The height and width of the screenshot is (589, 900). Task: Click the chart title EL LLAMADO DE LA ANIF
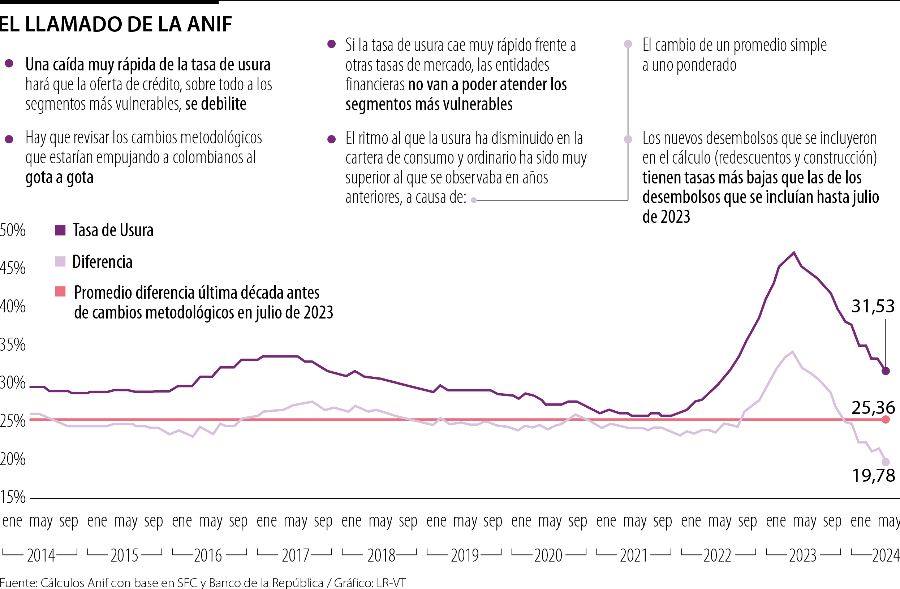click(x=115, y=24)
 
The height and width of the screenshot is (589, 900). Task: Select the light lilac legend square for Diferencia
click(x=60, y=261)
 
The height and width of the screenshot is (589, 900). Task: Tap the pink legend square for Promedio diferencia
click(x=60, y=291)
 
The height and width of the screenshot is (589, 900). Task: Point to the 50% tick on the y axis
click(x=13, y=230)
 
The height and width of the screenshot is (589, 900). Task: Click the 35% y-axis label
click(x=13, y=345)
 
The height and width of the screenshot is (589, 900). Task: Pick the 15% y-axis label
click(x=13, y=497)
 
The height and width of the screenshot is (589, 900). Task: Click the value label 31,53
click(x=873, y=306)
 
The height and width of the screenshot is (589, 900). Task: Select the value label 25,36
click(x=873, y=408)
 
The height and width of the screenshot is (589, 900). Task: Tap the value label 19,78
click(x=873, y=476)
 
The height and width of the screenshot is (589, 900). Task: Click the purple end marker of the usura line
click(x=885, y=371)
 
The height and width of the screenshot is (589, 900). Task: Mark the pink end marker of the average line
click(x=885, y=419)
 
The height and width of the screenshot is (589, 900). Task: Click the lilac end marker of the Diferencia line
click(x=885, y=462)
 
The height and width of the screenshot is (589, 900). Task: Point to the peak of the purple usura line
click(x=794, y=252)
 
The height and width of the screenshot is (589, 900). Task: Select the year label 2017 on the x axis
click(x=295, y=556)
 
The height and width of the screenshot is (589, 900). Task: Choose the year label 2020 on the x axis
click(x=548, y=556)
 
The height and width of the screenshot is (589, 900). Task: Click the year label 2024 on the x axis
click(x=885, y=556)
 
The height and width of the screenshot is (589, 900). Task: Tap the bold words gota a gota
click(x=59, y=177)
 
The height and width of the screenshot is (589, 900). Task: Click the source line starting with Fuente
click(x=203, y=582)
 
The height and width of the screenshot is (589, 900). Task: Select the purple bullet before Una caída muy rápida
click(x=9, y=64)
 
